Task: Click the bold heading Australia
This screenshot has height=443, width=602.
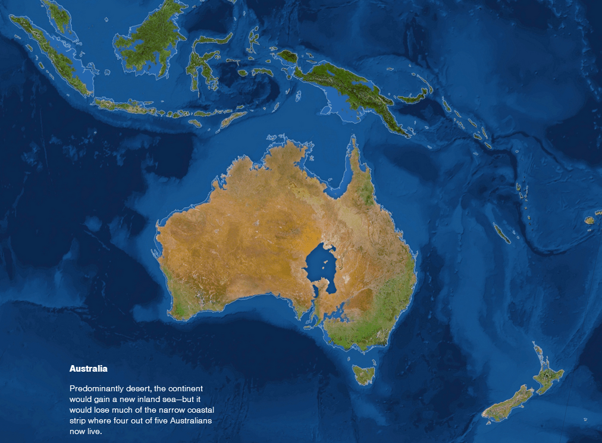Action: (88, 369)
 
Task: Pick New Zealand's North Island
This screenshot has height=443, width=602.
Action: (548, 375)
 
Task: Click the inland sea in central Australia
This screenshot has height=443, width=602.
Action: (321, 268)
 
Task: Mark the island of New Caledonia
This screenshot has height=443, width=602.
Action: (501, 233)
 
